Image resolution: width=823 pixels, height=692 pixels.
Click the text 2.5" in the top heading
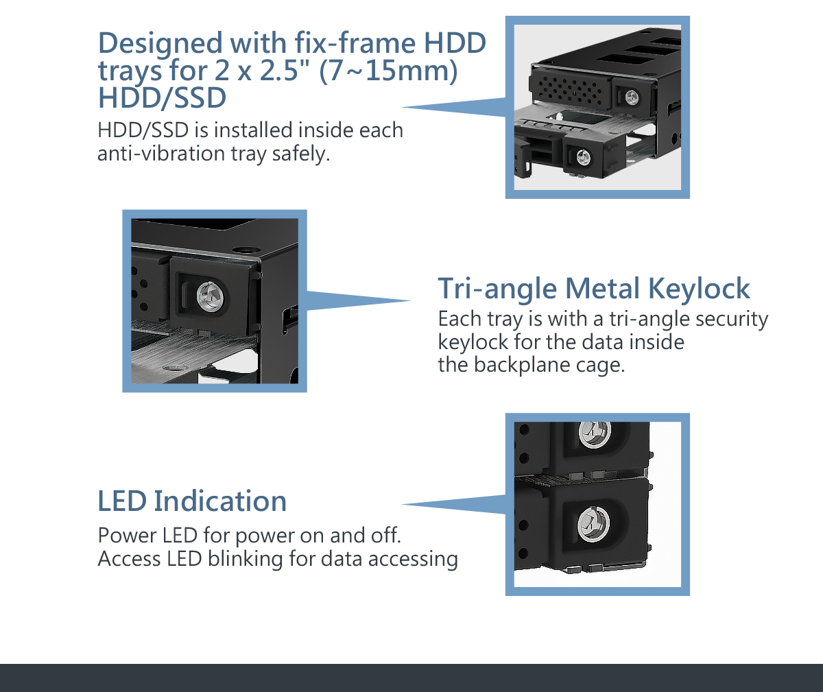pyautogui.click(x=282, y=71)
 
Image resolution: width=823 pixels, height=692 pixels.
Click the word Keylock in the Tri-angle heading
pyautogui.click(x=700, y=289)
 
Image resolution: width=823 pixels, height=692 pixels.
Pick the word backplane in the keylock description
pyautogui.click(x=522, y=365)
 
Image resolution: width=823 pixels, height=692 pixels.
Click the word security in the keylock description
pyautogui.click(x=732, y=319)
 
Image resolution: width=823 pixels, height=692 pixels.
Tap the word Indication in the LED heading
pyautogui.click(x=220, y=501)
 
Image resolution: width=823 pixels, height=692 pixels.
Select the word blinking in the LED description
pyautogui.click(x=245, y=559)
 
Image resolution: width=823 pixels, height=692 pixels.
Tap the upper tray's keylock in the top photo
pyautogui.click(x=632, y=98)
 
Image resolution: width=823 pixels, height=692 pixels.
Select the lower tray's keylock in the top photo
pyautogui.click(x=584, y=157)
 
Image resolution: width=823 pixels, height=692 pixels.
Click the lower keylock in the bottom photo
pyautogui.click(x=593, y=524)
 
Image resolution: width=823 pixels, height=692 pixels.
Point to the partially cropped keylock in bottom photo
pyautogui.click(x=595, y=433)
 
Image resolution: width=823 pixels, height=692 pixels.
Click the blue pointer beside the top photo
pyautogui.click(x=453, y=107)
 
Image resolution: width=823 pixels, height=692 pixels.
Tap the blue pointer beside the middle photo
pyautogui.click(x=359, y=300)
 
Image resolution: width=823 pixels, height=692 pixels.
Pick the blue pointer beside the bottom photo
pyautogui.click(x=453, y=504)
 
